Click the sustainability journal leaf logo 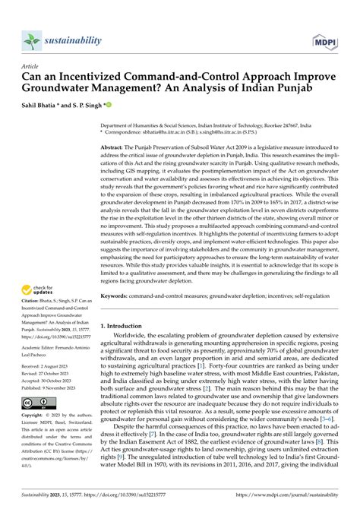[x=31, y=40]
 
